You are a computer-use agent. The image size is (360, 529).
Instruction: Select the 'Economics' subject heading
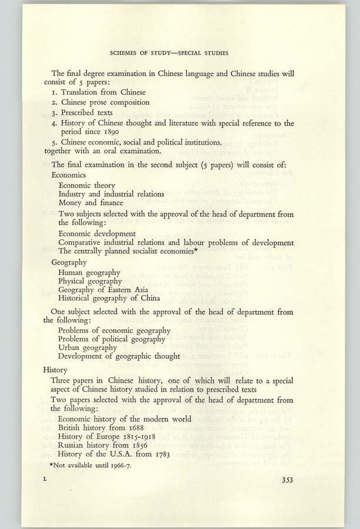pos(68,175)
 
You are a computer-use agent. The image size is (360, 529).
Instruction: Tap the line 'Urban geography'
pos(88,347)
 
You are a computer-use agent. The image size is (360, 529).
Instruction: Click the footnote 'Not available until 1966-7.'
pos(93,465)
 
